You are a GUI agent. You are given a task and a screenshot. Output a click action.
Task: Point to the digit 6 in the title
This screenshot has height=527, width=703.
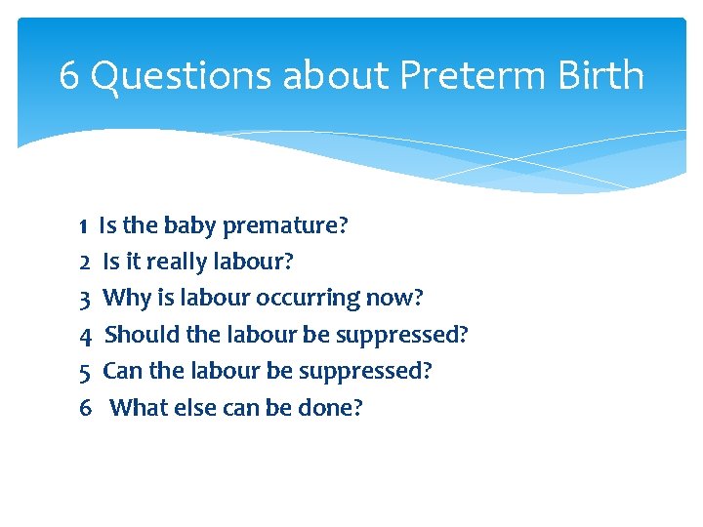coord(69,75)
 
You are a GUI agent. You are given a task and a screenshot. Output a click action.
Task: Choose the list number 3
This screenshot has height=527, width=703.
coord(85,299)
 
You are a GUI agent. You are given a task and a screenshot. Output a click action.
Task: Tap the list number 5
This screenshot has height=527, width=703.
coord(85,371)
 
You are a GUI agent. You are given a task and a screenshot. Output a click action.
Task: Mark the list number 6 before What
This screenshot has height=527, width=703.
coord(86,407)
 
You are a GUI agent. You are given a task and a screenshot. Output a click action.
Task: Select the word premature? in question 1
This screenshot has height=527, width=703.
coord(285,226)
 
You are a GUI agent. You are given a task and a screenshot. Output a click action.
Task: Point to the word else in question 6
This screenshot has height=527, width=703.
coord(196,407)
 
